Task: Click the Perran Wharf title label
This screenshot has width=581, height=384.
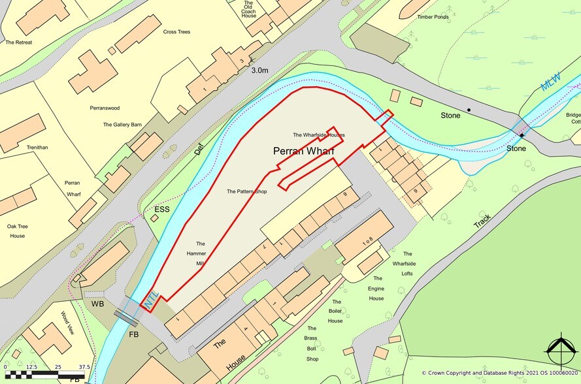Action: pyautogui.click(x=303, y=152)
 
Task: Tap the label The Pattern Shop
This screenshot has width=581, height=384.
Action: pyautogui.click(x=248, y=192)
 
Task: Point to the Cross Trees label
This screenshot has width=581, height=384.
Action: pyautogui.click(x=176, y=31)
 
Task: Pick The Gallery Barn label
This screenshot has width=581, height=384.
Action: pyautogui.click(x=122, y=124)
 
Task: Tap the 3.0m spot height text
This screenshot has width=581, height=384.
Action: pyautogui.click(x=260, y=71)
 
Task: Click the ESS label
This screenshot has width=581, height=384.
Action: pyautogui.click(x=161, y=210)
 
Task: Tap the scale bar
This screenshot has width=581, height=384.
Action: pyautogui.click(x=45, y=375)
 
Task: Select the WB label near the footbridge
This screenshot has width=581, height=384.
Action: pyautogui.click(x=98, y=305)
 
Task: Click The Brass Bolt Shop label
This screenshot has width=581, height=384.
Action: pyautogui.click(x=312, y=348)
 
